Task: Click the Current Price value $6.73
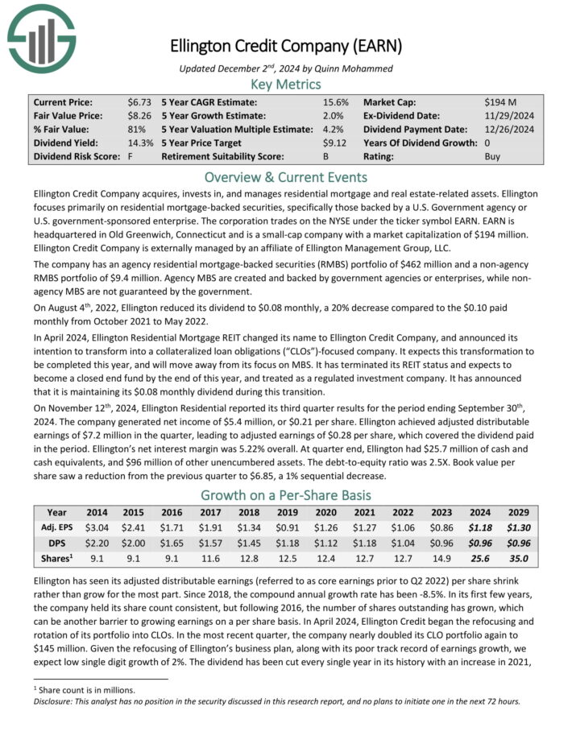point(139,102)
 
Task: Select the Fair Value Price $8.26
point(139,115)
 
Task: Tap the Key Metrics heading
point(286,84)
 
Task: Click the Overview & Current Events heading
point(286,177)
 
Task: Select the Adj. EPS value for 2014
point(97,527)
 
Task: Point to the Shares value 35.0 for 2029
point(516,558)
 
